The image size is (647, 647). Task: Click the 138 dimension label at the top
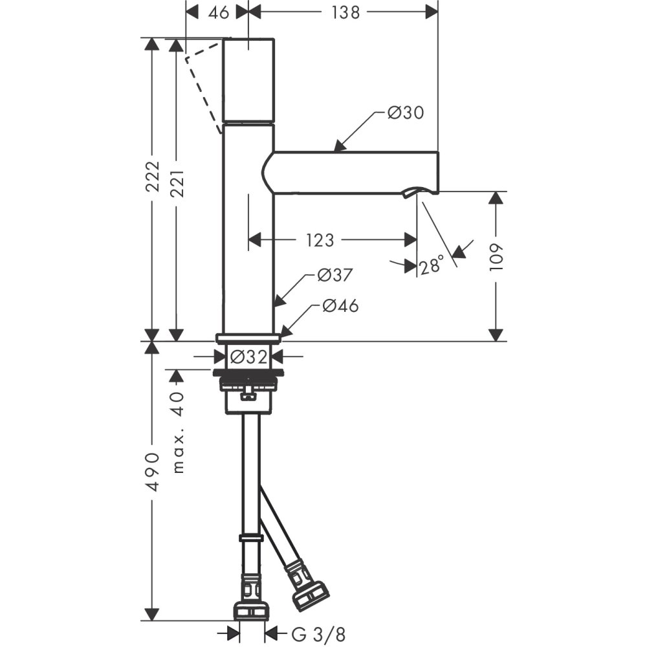click(345, 12)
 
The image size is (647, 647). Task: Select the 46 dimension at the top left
click(218, 12)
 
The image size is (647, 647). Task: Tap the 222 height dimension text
click(153, 176)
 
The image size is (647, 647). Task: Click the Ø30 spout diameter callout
click(406, 113)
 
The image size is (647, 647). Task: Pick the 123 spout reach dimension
click(320, 240)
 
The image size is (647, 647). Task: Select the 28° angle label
click(432, 266)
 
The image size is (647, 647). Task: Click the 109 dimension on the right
click(496, 257)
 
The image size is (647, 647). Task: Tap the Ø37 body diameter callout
click(335, 275)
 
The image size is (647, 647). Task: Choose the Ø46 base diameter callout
click(340, 306)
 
